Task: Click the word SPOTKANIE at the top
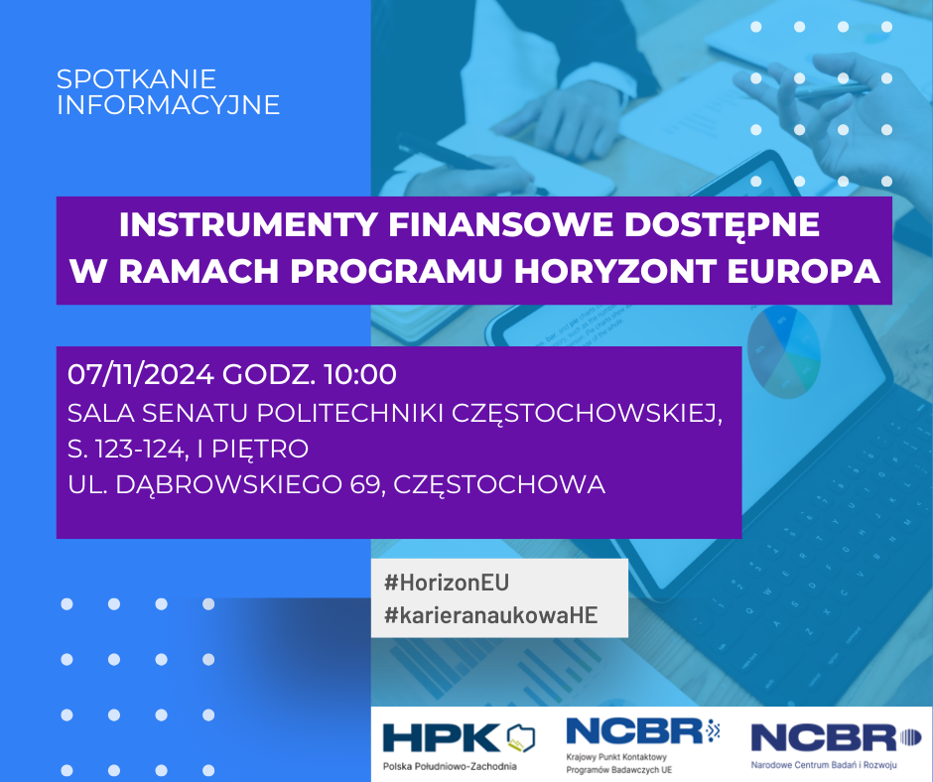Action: tap(136, 79)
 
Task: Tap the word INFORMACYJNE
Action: tap(169, 105)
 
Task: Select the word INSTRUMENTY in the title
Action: tap(247, 225)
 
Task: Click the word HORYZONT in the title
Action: tap(614, 271)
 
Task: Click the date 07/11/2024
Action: tap(140, 374)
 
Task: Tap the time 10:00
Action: tap(360, 374)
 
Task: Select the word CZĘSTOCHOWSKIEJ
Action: tap(587, 414)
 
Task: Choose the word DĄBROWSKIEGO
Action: tap(228, 485)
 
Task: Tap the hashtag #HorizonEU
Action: tap(447, 583)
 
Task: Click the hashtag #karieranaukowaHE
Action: tap(491, 615)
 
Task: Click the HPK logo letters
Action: tap(442, 738)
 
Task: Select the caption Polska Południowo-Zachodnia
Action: tap(450, 766)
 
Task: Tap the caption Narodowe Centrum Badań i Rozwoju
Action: tap(824, 765)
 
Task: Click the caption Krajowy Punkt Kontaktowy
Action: tap(616, 757)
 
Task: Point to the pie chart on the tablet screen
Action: tap(784, 352)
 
